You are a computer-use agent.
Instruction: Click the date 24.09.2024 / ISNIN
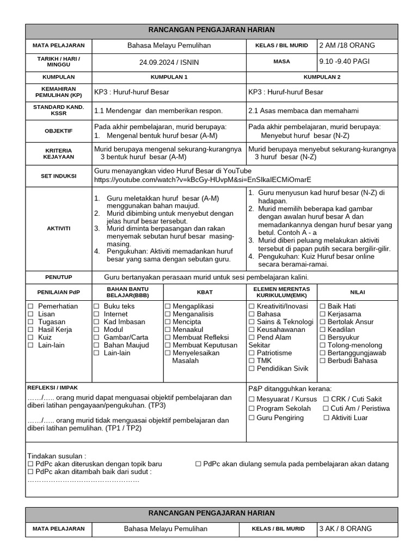pos(169,62)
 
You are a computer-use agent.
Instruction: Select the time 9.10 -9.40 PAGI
pos(345,62)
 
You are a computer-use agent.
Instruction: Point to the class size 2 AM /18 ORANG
pos(347,45)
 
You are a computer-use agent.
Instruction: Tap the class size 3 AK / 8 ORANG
pos(346,529)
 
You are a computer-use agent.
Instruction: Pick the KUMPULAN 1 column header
pos(169,77)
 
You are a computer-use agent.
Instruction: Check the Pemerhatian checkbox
pos(31,307)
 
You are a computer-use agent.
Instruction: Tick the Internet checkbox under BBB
pos(96,314)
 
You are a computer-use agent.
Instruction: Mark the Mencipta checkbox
pos(168,322)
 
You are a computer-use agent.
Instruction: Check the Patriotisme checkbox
pos(252,353)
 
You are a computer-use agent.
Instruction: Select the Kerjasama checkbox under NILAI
pos(323,314)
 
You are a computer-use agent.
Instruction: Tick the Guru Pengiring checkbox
pos(252,418)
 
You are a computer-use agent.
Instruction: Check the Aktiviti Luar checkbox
pos(327,418)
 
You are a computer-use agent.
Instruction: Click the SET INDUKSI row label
pos(58,175)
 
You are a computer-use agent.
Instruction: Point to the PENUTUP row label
pos(58,277)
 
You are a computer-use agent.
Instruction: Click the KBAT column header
pos(205,292)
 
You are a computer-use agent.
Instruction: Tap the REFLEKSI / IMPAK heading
pos(53,387)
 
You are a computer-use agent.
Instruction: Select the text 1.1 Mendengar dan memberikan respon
pos(158,111)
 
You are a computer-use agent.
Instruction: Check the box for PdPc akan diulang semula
pos(199,464)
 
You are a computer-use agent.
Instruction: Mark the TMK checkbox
pos(252,361)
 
